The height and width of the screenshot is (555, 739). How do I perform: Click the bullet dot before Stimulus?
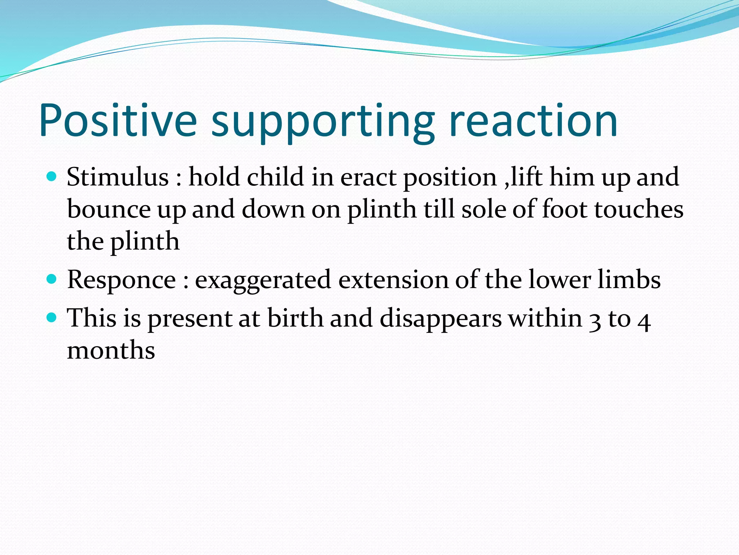tap(52, 177)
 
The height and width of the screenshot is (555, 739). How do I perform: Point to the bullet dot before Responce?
tap(52, 279)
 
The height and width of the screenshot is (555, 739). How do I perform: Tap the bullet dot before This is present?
tap(52, 318)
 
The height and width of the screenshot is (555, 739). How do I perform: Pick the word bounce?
tap(109, 209)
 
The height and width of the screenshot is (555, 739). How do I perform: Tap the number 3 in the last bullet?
tap(595, 320)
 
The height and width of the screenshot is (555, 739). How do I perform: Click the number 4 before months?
tap(644, 321)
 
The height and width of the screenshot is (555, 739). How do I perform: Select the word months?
tap(111, 350)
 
